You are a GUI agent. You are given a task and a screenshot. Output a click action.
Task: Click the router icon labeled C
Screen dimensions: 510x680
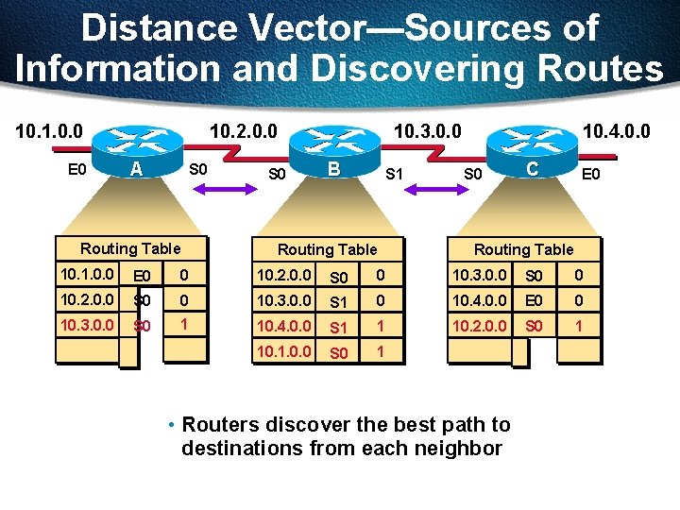[534, 147]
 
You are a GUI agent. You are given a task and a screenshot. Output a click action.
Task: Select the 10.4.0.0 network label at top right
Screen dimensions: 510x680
[616, 127]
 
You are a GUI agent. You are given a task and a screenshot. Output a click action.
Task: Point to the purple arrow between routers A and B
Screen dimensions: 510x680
[230, 193]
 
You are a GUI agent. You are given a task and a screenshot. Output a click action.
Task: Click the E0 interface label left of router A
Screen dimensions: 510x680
[78, 171]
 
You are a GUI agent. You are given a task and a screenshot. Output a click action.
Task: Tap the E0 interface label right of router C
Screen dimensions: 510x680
[590, 174]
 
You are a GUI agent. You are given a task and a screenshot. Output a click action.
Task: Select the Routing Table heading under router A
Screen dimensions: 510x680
[130, 248]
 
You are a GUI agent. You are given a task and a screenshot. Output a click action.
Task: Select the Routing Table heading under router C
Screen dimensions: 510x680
[523, 249]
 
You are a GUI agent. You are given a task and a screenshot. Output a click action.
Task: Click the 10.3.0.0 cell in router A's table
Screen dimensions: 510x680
[87, 325]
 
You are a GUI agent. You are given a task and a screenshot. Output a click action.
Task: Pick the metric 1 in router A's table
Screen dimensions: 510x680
[184, 325]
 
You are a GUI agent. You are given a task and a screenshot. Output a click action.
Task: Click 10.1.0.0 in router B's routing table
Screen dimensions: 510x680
[284, 351]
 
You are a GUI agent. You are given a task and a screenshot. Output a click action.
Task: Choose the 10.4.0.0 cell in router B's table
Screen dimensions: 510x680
[284, 327]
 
